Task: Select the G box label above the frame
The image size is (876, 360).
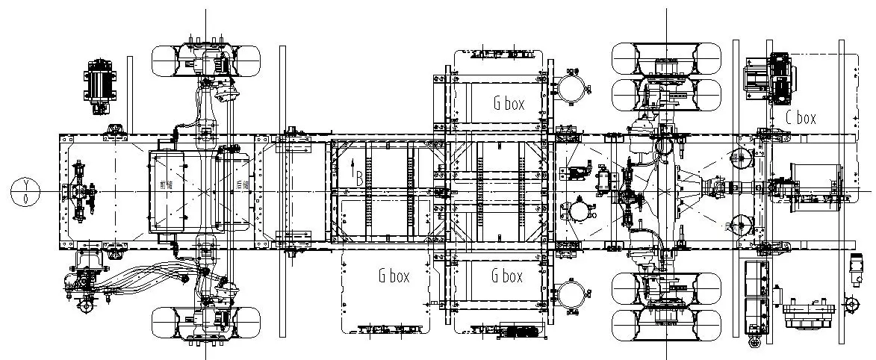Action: [509, 104]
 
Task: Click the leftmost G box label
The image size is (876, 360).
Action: [394, 276]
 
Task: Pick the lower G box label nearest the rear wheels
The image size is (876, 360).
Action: [507, 276]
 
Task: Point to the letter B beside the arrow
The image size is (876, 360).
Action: [359, 179]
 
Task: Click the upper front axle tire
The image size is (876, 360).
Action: [205, 60]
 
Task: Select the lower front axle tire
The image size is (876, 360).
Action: [205, 323]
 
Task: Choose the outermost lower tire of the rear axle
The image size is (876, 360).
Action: [666, 326]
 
